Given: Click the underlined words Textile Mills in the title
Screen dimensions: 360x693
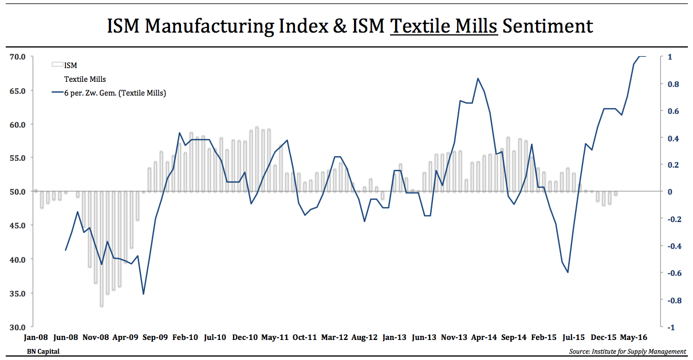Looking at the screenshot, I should tap(444, 26).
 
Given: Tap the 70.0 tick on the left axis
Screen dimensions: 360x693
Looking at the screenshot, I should tap(17, 57).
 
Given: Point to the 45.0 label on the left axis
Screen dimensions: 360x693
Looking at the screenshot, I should tap(17, 226).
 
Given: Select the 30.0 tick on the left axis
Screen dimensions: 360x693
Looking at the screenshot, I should tap(17, 327).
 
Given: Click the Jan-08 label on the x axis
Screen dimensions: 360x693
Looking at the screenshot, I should tap(36, 338).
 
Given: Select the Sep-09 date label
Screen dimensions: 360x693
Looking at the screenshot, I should tap(155, 338).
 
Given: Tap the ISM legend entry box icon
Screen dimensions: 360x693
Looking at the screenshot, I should tap(57, 65).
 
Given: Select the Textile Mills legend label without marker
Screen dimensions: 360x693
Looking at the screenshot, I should tap(85, 79).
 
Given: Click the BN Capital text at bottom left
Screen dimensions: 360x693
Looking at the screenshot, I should tap(43, 351).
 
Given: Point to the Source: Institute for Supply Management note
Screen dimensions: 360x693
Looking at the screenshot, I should tap(628, 351).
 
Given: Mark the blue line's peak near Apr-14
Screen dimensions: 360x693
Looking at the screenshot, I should tap(478, 78).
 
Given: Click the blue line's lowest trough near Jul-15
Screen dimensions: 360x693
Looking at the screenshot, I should tap(568, 272).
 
